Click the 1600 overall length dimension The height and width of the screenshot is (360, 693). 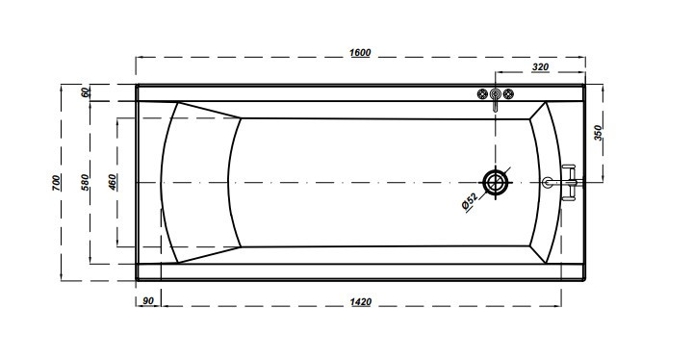[x=360, y=52]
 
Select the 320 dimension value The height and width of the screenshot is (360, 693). [x=540, y=66]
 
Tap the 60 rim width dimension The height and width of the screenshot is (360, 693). [x=87, y=92]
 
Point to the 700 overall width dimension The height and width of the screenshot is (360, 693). [x=56, y=183]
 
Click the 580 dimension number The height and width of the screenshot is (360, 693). [x=85, y=182]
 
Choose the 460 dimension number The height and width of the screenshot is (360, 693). [x=113, y=182]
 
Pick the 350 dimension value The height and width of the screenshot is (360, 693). [x=598, y=133]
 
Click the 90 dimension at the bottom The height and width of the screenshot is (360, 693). [x=148, y=301]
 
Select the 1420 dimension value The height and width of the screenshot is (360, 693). [x=361, y=301]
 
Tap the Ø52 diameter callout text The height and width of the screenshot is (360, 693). [x=470, y=202]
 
